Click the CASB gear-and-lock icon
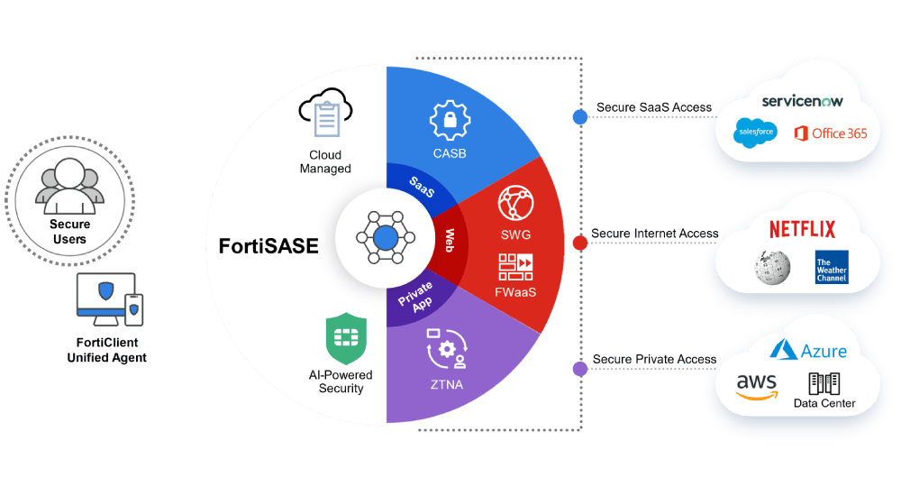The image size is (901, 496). tap(450, 120)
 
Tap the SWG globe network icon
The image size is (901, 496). tap(515, 203)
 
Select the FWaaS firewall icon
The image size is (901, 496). tap(515, 267)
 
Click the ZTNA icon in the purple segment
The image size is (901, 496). tap(447, 348)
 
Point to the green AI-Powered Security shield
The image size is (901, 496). tap(346, 338)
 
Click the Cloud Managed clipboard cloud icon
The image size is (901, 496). tap(325, 112)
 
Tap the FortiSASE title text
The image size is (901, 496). tap(268, 246)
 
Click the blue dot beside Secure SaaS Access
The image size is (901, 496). tap(580, 117)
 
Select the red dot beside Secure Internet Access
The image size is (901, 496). tap(580, 243)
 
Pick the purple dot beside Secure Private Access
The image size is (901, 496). tap(580, 369)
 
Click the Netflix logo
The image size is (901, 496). tap(802, 229)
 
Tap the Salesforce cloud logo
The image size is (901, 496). tap(756, 133)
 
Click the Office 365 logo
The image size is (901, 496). tap(831, 133)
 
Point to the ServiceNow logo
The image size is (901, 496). tap(802, 101)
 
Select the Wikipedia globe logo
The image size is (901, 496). tap(772, 268)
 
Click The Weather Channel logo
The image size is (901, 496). tap(832, 267)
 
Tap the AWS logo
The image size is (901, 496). tap(757, 386)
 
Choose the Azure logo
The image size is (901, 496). tap(808, 350)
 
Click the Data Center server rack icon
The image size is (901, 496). tap(824, 383)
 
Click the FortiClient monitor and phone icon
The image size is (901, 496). tap(110, 299)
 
